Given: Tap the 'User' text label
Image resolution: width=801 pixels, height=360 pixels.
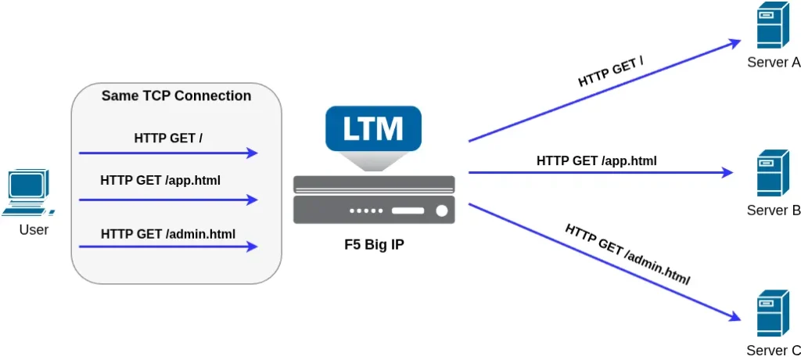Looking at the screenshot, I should pos(34,230).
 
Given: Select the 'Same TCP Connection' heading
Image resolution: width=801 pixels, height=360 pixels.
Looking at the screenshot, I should pos(176,96).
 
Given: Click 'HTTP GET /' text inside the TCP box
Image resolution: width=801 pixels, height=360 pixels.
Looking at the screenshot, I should pos(168,139).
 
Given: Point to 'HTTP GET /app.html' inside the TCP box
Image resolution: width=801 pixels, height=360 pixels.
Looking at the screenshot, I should pos(160,181).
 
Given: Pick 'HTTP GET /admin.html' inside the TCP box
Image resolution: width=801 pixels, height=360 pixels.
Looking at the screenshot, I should pos(168,233).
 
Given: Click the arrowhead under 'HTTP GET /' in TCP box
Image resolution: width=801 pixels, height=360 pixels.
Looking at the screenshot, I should pos(252,153).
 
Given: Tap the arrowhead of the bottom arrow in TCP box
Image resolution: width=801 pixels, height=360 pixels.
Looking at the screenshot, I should pos(252,247).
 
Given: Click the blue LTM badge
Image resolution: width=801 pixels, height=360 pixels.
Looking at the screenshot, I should pos(373,128).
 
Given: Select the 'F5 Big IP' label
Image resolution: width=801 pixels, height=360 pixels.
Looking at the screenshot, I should pos(374,244).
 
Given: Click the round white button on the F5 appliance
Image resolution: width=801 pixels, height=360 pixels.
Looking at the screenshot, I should pos(441,211).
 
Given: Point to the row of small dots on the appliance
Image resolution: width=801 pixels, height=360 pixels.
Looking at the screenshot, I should pos(367,211).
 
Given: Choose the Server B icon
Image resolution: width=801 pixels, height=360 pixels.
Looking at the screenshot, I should pos(771,173).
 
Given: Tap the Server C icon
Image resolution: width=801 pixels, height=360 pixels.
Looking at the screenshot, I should pos(771,314).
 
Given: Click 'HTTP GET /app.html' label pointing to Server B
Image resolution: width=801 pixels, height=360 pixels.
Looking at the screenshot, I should pos(596,161).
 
